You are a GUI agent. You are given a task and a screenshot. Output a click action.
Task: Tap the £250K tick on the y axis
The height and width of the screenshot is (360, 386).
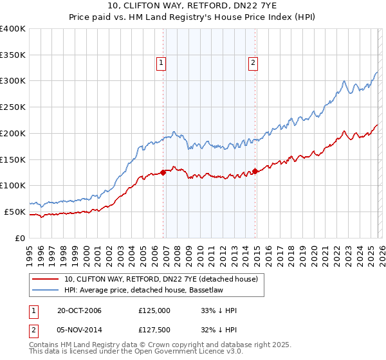pyautogui.click(x=13, y=107)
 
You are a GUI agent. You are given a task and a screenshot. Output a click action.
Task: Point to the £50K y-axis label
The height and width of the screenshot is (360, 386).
pyautogui.click(x=14, y=212)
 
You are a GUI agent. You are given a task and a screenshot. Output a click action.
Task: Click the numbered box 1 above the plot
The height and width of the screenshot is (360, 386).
pyautogui.click(x=160, y=62)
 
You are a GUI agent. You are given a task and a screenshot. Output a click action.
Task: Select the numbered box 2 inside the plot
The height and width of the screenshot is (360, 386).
pyautogui.click(x=253, y=62)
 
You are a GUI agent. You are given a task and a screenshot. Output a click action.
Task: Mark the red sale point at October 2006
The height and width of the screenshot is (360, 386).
pyautogui.click(x=163, y=172)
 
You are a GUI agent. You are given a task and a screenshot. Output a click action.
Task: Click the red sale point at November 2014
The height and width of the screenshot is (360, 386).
pyautogui.click(x=255, y=170)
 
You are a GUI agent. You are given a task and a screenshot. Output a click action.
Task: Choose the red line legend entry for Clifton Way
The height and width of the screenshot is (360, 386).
pyautogui.click(x=161, y=279)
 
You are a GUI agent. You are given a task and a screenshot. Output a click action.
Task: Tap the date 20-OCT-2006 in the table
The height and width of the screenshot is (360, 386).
pyautogui.click(x=78, y=310)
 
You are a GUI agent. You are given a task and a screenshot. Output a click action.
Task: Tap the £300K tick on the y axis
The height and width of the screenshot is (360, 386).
pyautogui.click(x=13, y=81)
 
